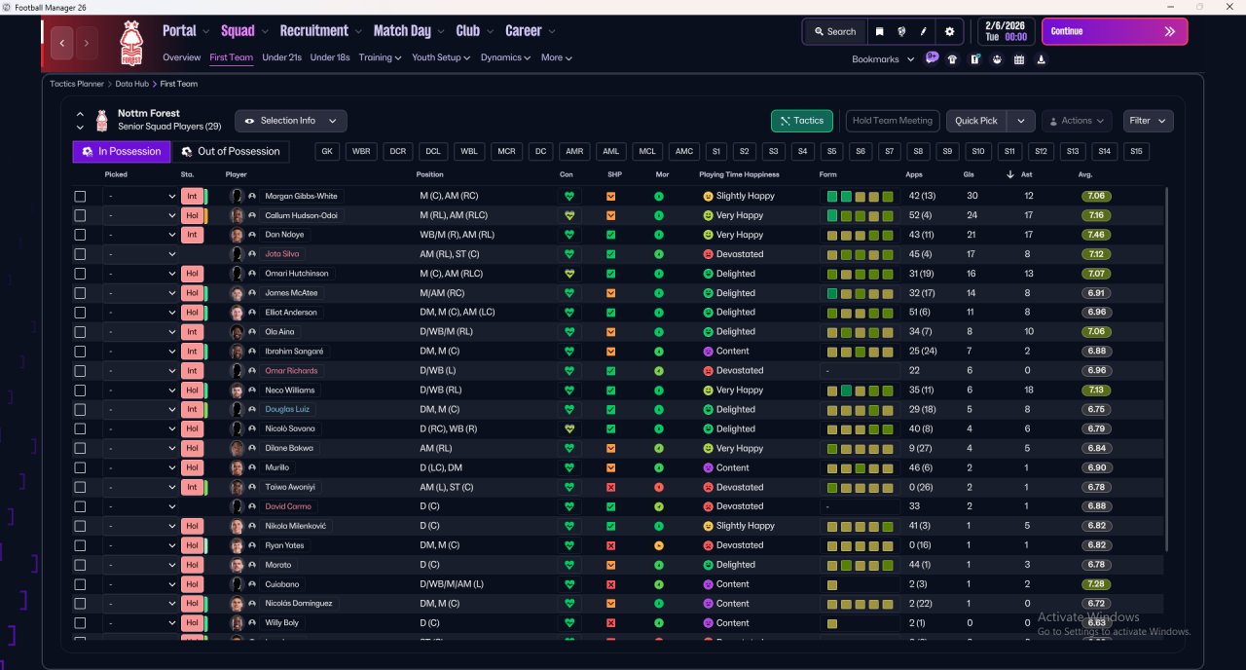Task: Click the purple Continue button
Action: [1114, 31]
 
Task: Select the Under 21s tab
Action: [281, 57]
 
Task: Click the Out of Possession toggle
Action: [230, 152]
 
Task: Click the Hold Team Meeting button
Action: [892, 121]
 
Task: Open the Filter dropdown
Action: [1148, 121]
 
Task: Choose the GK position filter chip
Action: [327, 152]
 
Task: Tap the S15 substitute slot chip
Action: [1135, 152]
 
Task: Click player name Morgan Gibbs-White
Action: [301, 196]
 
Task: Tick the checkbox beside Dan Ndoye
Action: [80, 235]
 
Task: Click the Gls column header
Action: [970, 174]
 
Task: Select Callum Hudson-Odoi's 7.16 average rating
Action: [1096, 215]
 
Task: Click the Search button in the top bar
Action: [834, 31]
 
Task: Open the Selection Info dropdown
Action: [290, 121]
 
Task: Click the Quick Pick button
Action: [976, 121]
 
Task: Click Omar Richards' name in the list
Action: [291, 371]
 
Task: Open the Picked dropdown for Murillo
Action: [141, 467]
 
